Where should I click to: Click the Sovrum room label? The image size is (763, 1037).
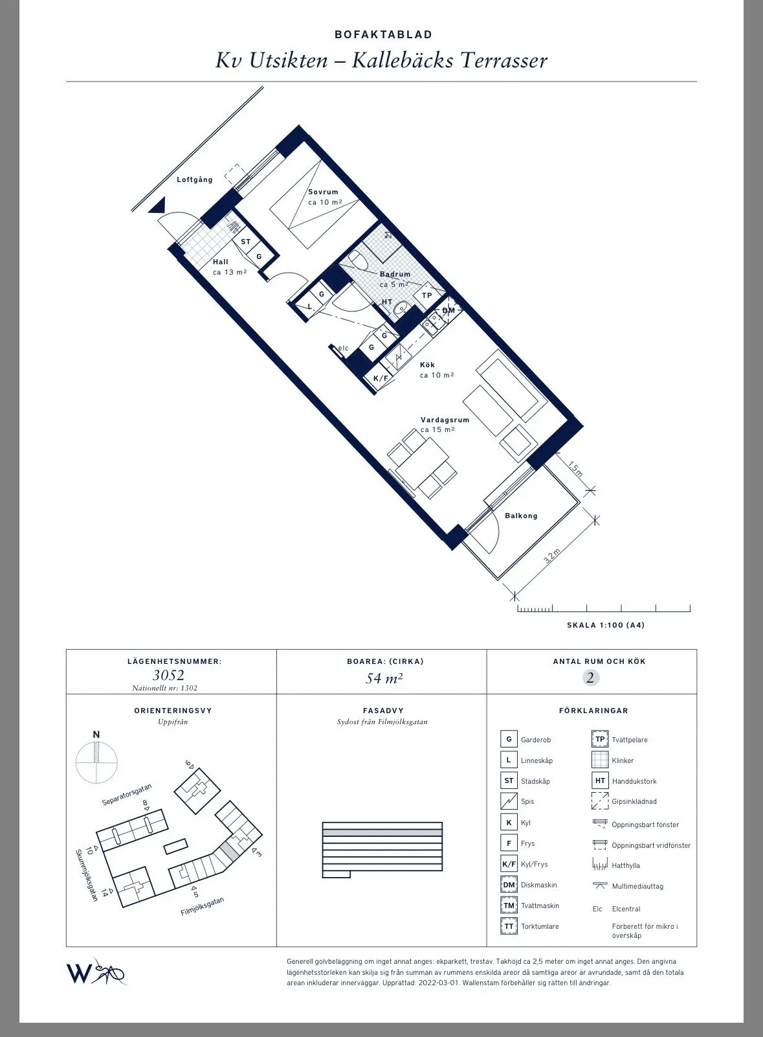(x=323, y=192)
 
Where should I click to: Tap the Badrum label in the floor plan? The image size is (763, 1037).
(x=395, y=274)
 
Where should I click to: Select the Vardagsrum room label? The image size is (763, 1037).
(x=445, y=420)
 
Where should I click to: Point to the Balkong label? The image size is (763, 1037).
(x=521, y=516)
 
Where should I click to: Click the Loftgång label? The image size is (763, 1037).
(x=195, y=179)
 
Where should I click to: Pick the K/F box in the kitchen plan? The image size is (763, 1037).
(x=381, y=378)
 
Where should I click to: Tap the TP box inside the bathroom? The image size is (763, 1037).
(x=427, y=295)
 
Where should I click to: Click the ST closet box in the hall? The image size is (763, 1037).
(x=245, y=242)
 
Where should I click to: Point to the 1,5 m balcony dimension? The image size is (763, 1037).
(x=575, y=468)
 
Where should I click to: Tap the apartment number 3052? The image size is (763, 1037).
(x=168, y=675)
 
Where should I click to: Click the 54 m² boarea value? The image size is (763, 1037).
(x=384, y=678)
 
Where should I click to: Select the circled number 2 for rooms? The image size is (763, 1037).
(x=590, y=678)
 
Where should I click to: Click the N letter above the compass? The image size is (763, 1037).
(x=96, y=735)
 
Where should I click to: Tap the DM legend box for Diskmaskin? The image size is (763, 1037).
(x=509, y=885)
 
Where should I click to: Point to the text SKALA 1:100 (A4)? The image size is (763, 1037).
(x=606, y=625)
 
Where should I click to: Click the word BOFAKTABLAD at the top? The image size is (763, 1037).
(x=383, y=34)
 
